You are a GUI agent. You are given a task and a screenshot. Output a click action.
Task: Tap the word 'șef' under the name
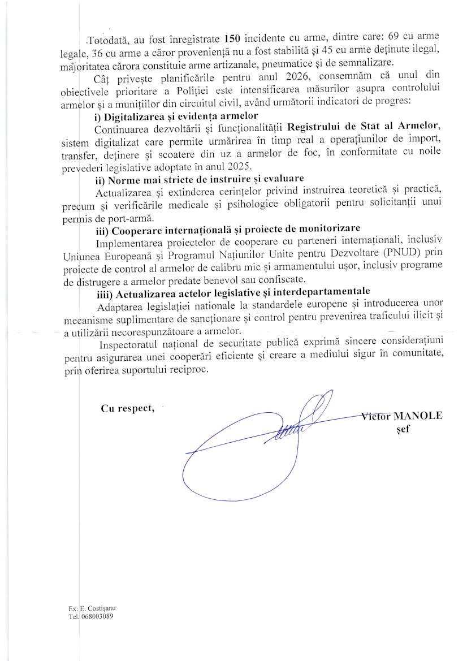coord(403,428)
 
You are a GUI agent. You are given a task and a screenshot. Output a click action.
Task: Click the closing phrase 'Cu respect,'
coord(127,409)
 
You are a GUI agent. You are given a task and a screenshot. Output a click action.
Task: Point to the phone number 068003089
coord(97,617)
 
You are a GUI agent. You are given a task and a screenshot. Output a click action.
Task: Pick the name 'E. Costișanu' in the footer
coord(98,609)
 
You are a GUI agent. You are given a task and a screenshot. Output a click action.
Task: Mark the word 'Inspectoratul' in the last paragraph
coord(127,345)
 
